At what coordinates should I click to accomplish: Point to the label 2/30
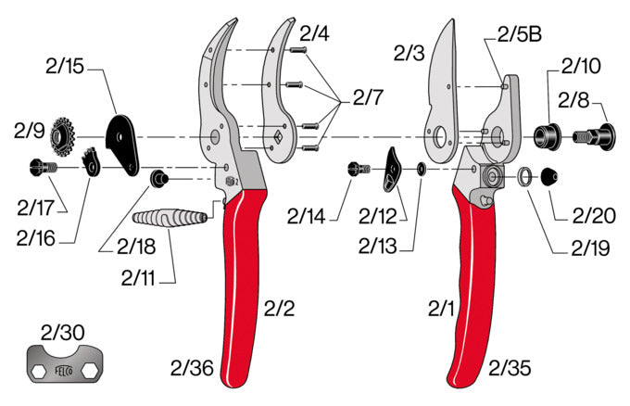[x=63, y=332]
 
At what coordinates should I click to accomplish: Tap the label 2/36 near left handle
[x=192, y=369]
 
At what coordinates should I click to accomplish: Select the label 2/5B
[x=519, y=35]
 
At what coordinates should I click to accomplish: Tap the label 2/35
[x=510, y=369]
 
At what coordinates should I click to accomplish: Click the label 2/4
[x=314, y=34]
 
